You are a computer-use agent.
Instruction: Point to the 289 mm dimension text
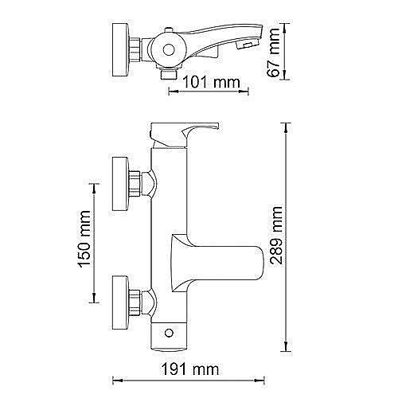pyautogui.click(x=275, y=237)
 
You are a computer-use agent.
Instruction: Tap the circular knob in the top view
pyautogui.click(x=169, y=48)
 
